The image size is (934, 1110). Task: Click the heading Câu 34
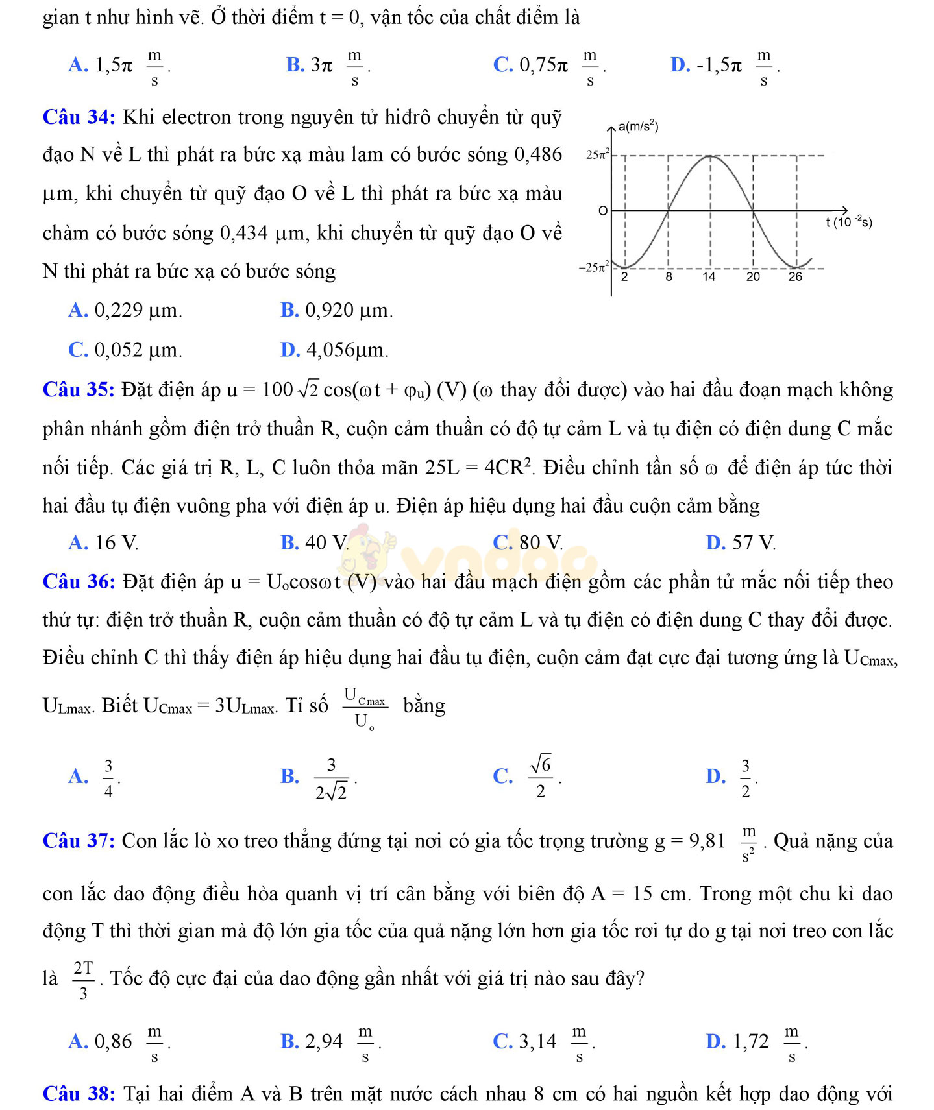79,117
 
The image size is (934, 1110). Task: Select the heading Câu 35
79,390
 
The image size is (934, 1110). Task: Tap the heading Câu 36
79,582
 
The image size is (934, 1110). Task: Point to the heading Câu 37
79,841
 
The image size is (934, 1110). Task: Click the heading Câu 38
79,1094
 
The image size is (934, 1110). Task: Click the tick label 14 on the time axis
709,277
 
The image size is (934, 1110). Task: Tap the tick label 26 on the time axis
795,277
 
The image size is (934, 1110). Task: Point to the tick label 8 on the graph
669,277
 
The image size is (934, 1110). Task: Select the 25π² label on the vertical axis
597,155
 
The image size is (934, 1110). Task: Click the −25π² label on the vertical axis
594,267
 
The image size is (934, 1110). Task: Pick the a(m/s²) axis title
638,127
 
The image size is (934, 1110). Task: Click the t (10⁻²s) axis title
849,223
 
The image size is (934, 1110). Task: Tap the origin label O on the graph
603,211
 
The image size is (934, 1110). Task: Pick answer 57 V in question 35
753,543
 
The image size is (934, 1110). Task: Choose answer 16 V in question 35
116,543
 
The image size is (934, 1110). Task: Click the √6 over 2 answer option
540,777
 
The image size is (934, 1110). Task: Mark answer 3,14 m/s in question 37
556,1042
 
